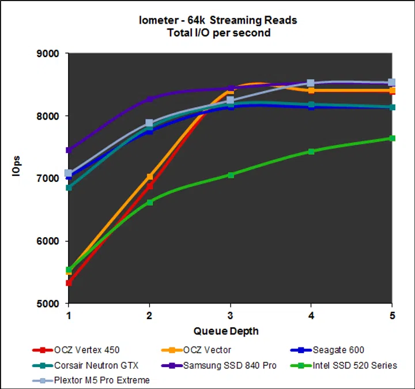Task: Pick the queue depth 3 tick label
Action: point(231,316)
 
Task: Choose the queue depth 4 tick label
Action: point(311,316)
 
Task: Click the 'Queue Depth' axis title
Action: point(226,331)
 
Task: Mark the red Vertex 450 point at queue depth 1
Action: point(69,283)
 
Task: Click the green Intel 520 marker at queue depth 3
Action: point(231,175)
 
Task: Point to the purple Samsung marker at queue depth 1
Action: point(69,150)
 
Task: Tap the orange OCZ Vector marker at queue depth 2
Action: point(150,177)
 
